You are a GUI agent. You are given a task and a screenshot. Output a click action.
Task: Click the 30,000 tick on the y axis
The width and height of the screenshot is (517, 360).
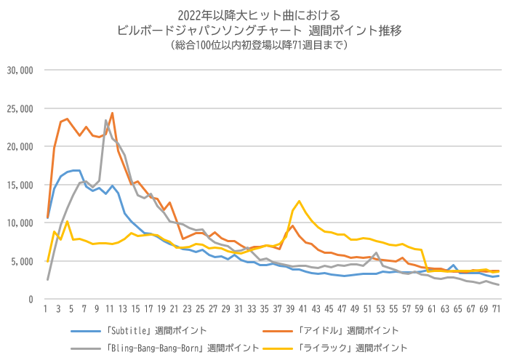(x=20, y=71)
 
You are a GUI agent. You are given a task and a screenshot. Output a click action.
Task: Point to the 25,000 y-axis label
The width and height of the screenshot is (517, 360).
(x=20, y=108)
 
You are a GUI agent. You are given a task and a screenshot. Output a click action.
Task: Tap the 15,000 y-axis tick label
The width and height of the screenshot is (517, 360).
(x=20, y=185)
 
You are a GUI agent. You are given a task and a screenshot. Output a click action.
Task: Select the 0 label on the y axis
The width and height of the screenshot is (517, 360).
(x=31, y=300)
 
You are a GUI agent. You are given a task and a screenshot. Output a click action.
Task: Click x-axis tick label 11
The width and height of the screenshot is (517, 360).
(x=110, y=309)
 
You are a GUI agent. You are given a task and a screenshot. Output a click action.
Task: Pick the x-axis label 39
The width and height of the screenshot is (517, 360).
(x=290, y=309)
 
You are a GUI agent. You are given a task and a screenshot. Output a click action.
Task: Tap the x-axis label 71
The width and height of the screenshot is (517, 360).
(x=497, y=309)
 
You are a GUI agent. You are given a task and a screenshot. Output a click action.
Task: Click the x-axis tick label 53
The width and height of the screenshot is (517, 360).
(x=380, y=309)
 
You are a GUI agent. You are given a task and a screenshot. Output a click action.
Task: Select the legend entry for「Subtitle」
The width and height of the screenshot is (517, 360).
(x=138, y=331)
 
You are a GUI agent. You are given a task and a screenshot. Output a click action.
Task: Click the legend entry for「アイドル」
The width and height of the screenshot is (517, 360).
(x=330, y=331)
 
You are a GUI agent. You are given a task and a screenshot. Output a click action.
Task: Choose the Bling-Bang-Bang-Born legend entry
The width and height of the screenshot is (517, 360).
(x=165, y=348)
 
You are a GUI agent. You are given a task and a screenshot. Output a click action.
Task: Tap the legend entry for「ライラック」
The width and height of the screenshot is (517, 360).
(x=335, y=348)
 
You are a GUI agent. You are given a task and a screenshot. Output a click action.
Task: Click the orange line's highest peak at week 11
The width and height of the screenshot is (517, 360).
(x=112, y=113)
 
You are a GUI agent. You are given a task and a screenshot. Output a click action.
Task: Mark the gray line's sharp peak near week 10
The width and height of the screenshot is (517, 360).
(x=106, y=120)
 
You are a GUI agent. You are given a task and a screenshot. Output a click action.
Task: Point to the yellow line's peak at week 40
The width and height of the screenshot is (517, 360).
(x=299, y=201)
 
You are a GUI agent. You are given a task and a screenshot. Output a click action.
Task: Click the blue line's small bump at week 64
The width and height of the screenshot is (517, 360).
(x=454, y=265)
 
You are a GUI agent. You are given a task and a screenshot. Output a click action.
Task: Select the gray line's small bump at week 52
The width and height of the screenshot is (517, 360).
(x=376, y=253)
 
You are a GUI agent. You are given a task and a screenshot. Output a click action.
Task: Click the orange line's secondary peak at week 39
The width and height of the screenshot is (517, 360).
(x=293, y=226)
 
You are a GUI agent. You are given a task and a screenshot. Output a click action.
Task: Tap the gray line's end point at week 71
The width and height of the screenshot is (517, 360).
(x=499, y=284)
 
